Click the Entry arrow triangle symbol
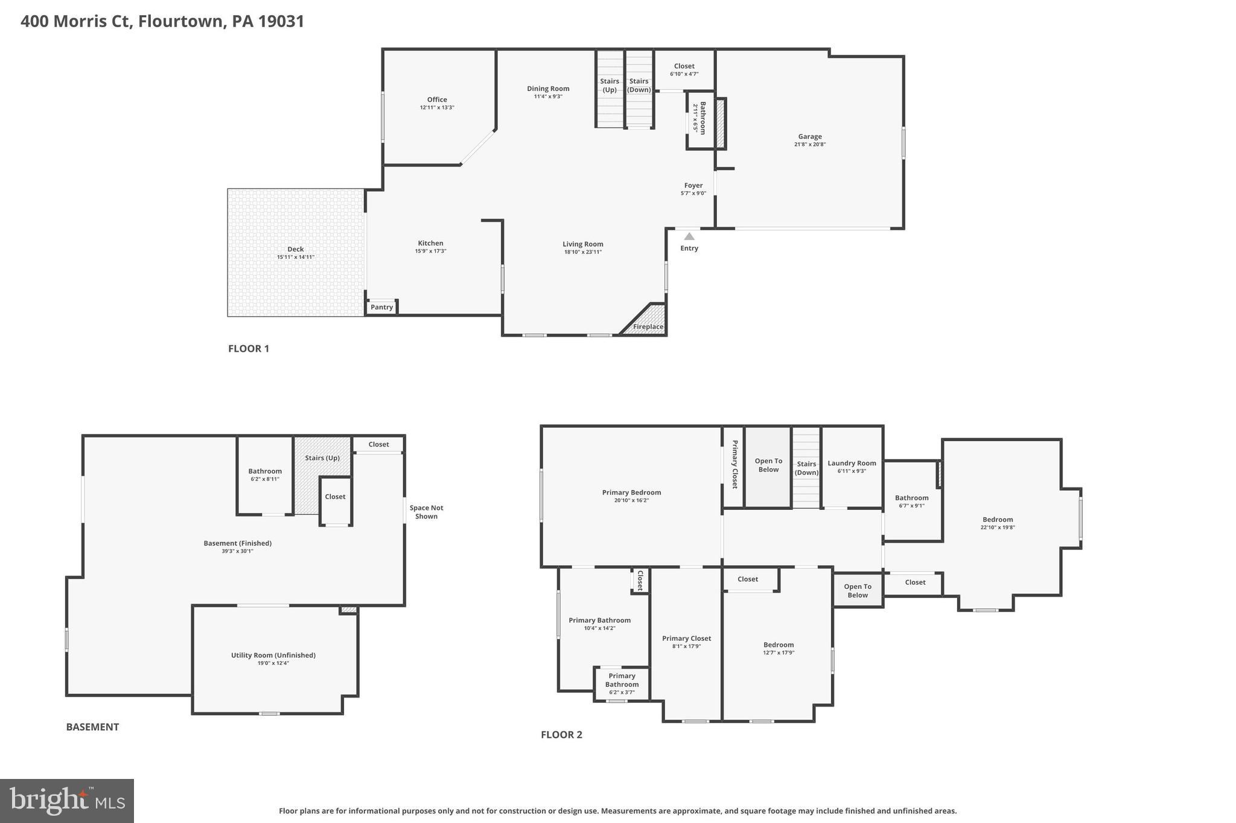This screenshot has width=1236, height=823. click(x=689, y=237)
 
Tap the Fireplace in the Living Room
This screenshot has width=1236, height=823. click(x=648, y=326)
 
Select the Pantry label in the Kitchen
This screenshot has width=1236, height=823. click(x=381, y=307)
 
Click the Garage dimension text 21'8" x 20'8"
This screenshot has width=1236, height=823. click(x=810, y=144)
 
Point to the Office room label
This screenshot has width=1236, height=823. click(x=437, y=100)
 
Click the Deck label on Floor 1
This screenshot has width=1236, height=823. click(x=296, y=249)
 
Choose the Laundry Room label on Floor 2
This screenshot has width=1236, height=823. click(x=852, y=463)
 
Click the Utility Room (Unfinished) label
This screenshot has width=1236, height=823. click(x=273, y=655)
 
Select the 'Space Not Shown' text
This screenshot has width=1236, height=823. click(x=426, y=512)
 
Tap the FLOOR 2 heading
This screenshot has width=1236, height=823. click(x=561, y=734)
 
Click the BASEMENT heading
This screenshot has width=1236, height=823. click(x=92, y=726)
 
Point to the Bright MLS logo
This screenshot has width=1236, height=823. click(x=67, y=801)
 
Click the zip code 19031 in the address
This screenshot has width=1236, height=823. click(x=281, y=21)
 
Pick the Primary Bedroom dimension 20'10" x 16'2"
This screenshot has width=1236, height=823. click(x=631, y=500)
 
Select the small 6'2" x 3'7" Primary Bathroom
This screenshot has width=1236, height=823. click(x=622, y=684)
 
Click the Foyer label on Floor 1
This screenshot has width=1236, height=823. click(x=693, y=185)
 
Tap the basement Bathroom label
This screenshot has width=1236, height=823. click(x=265, y=471)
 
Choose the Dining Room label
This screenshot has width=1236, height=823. click(x=548, y=89)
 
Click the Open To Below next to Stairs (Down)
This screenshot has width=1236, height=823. click(x=768, y=465)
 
